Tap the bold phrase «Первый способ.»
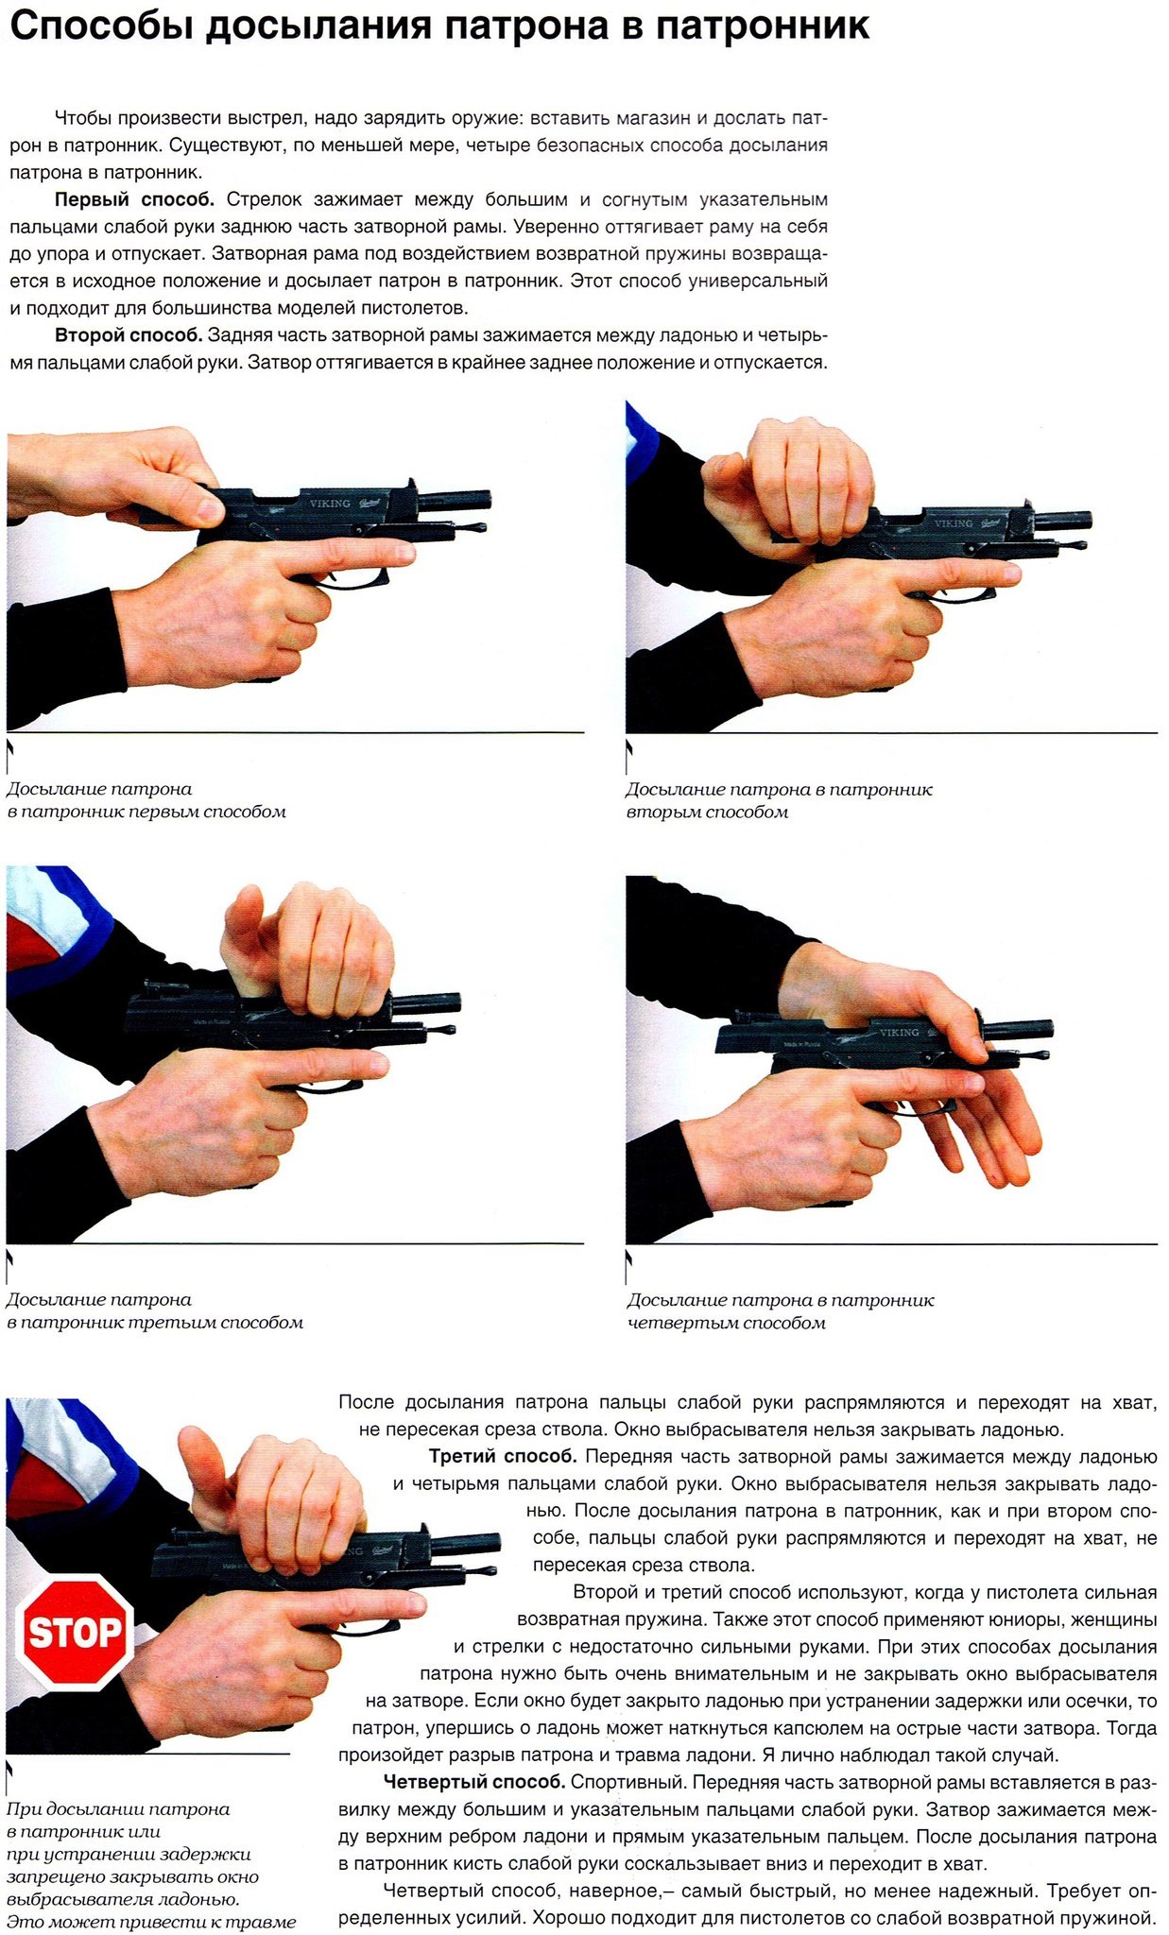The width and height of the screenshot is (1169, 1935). tap(135, 199)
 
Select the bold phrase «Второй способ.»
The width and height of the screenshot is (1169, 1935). tap(129, 335)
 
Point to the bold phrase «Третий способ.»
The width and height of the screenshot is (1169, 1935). tap(503, 1456)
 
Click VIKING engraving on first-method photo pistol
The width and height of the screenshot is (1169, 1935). tap(330, 504)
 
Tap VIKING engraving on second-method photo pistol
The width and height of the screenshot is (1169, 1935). tap(954, 522)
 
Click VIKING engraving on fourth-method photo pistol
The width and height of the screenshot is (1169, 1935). tap(899, 1032)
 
